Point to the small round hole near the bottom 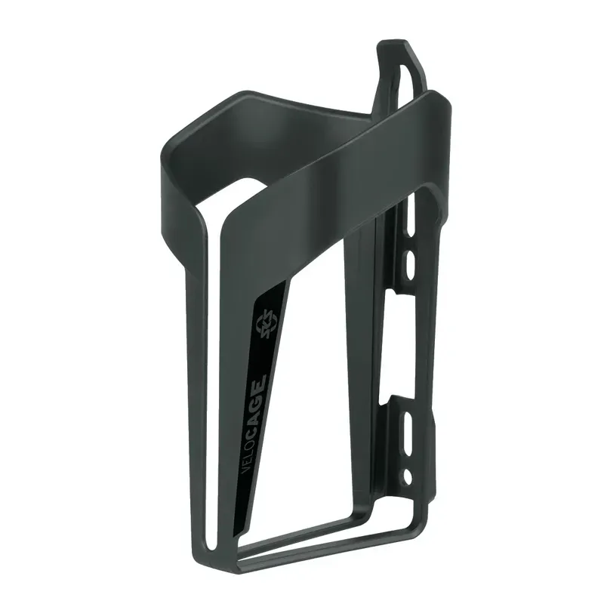(x=408, y=476)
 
